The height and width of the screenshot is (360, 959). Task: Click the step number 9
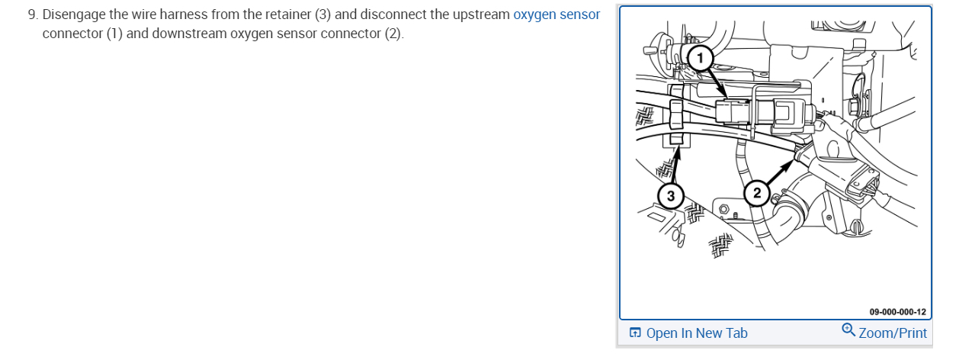point(31,15)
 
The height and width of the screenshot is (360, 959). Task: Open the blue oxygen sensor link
point(556,15)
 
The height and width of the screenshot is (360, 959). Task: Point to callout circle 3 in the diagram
point(670,196)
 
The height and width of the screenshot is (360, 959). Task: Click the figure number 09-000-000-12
point(897,311)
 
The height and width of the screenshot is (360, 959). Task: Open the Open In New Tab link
point(697,333)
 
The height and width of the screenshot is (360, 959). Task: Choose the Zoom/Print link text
point(893,333)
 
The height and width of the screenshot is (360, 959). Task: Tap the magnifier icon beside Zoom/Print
point(848,330)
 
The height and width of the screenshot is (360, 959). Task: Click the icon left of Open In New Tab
point(635,333)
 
